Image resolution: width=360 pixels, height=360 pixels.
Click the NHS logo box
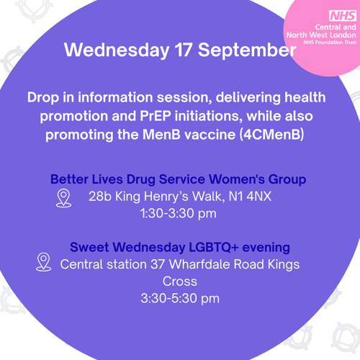pyautogui.click(x=343, y=16)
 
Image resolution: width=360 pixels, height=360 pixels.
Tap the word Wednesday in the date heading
pyautogui.click(x=117, y=50)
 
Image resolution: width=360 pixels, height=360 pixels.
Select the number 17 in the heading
pyautogui.click(x=184, y=50)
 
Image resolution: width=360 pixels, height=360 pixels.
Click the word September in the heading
pyautogui.click(x=247, y=50)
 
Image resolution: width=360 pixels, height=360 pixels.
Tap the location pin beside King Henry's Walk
pyautogui.click(x=63, y=198)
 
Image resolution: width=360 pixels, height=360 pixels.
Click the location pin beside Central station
pyautogui.click(x=43, y=262)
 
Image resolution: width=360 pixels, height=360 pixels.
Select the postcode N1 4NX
pyautogui.click(x=250, y=197)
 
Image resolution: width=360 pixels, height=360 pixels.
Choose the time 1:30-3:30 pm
pyautogui.click(x=179, y=213)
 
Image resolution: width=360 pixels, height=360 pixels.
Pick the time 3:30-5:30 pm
pyautogui.click(x=180, y=298)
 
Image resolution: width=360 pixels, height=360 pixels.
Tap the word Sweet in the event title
pyautogui.click(x=89, y=247)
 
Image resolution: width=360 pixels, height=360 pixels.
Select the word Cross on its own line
pyautogui.click(x=180, y=282)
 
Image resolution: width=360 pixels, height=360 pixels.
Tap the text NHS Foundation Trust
pyautogui.click(x=330, y=42)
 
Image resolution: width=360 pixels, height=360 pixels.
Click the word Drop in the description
pyautogui.click(x=43, y=98)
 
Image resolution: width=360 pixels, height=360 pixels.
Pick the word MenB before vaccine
pyautogui.click(x=161, y=135)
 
